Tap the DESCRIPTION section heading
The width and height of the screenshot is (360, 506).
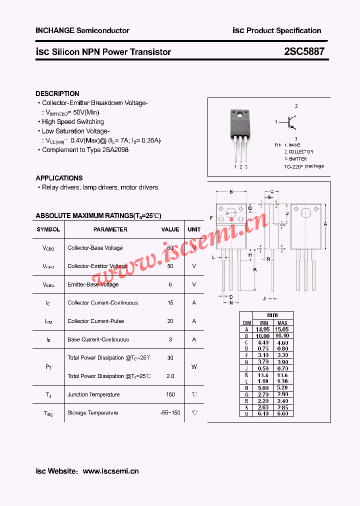point(57,93)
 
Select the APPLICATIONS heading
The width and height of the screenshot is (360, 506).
point(59,178)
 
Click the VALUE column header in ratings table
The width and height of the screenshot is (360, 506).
point(170,229)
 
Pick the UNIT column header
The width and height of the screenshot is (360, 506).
point(194,229)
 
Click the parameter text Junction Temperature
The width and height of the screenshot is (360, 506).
point(93,394)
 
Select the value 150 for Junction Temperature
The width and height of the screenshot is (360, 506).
point(170,394)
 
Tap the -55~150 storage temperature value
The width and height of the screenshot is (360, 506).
point(170,413)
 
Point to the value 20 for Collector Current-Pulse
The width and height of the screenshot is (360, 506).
point(170,321)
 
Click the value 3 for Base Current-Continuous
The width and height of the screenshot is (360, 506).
point(170,339)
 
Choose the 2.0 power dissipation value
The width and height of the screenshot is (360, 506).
point(170,376)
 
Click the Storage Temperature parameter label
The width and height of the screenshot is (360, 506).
point(93,413)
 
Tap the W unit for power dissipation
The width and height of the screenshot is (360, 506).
point(194,367)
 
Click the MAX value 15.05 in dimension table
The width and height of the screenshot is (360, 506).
point(282,329)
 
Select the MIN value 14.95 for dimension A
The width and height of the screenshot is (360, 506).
point(262,329)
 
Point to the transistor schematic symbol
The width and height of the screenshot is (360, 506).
point(290,121)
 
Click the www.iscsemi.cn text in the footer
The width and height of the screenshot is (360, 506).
point(110,471)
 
